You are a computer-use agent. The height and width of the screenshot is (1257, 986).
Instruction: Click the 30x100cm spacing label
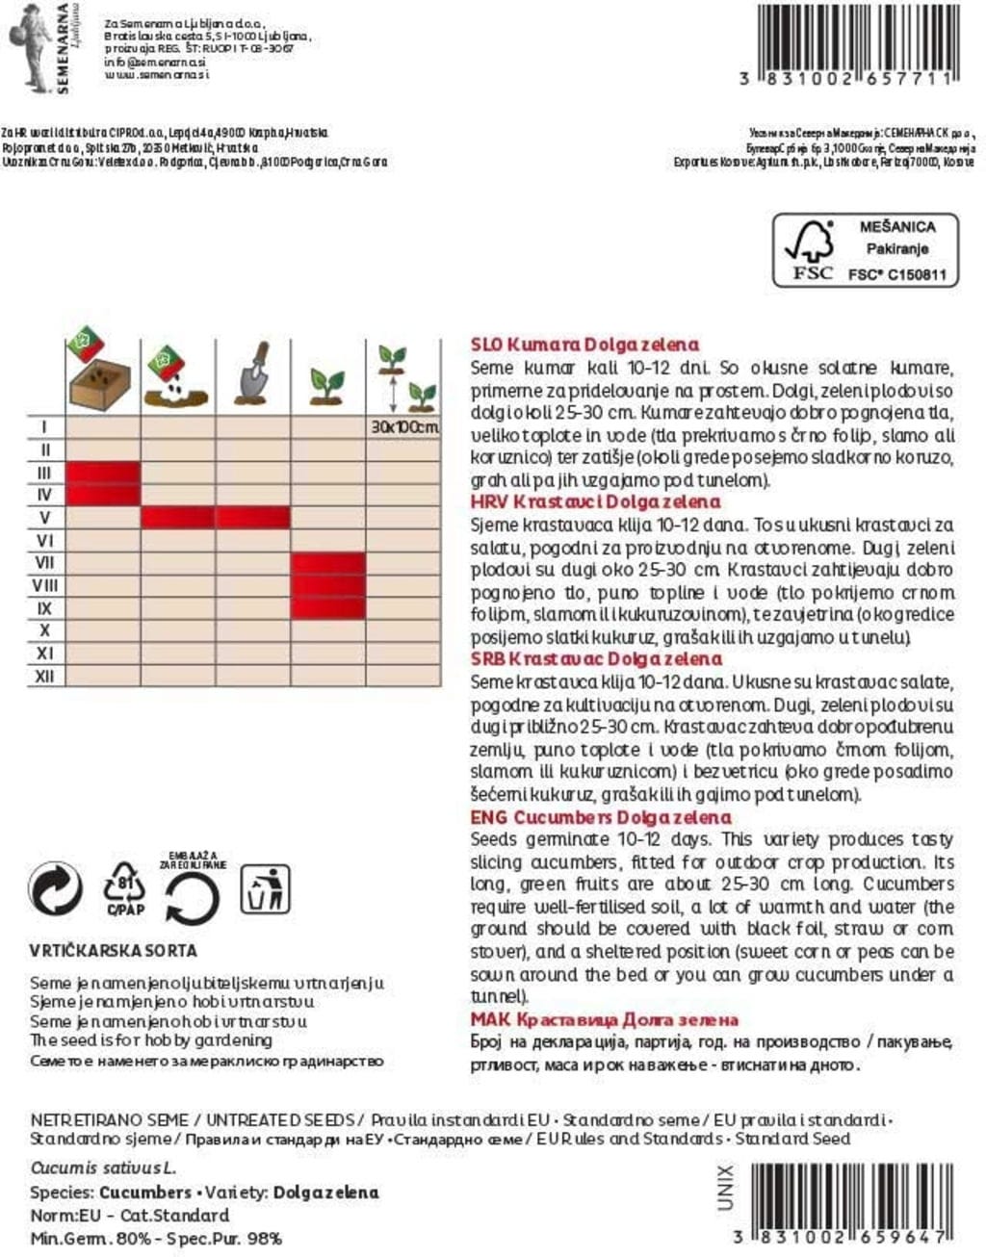403,426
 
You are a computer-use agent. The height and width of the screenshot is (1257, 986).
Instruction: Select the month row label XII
44,677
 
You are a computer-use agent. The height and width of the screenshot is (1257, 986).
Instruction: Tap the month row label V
44,518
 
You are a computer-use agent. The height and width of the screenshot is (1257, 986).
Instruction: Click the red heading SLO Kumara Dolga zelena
584,345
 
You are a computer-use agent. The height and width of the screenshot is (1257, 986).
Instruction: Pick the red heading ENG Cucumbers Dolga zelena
601,817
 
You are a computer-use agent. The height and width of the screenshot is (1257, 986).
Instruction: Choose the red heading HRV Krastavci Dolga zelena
595,501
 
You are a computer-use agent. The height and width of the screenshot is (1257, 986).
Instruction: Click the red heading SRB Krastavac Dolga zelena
596,659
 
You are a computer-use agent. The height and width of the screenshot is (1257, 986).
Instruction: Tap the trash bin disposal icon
265,888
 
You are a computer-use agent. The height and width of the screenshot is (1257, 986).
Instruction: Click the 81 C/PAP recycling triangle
124,888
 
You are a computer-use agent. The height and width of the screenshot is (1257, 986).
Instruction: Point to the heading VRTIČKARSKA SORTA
114,951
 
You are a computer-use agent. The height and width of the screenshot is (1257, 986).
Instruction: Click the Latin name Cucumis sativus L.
102,1168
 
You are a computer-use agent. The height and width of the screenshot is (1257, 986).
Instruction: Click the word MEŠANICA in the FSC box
896,227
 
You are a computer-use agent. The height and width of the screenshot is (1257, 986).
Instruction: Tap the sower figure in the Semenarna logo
29,45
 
